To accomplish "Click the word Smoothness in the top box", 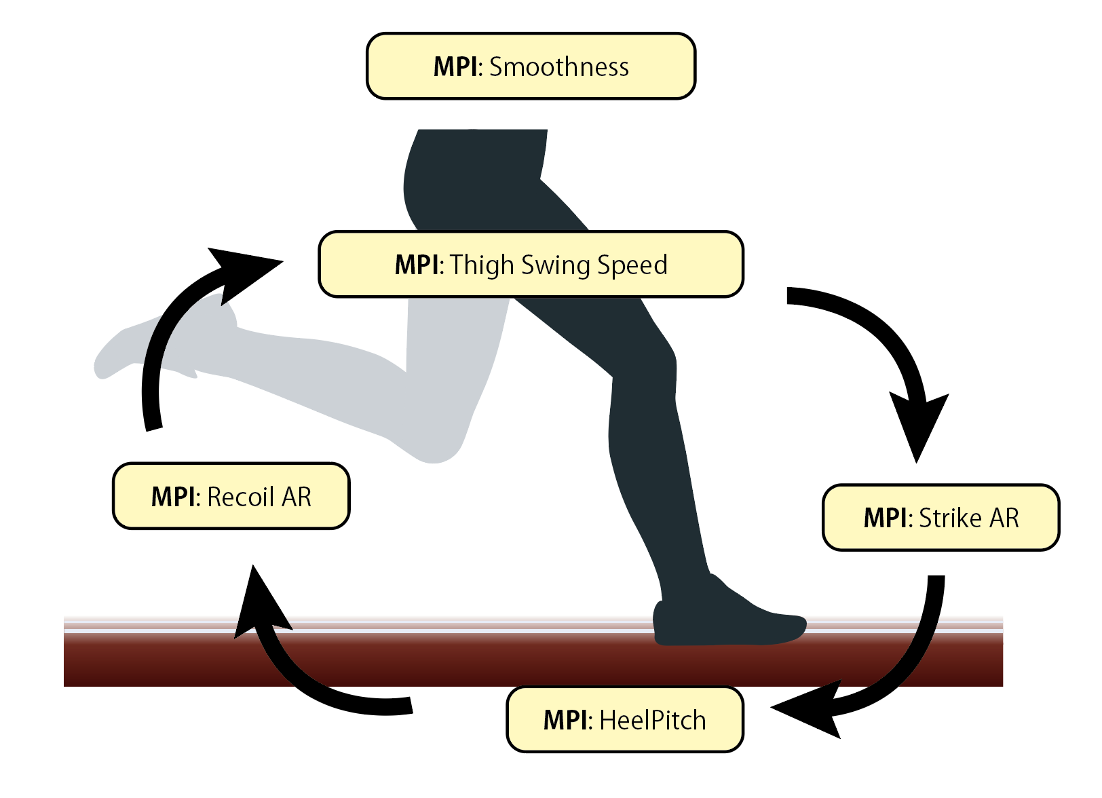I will pyautogui.click(x=558, y=67).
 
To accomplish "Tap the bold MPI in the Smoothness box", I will pyautogui.click(x=457, y=67).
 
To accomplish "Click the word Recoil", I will pyautogui.click(x=241, y=497).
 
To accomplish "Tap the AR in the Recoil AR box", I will pyautogui.click(x=297, y=497).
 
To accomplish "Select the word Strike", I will pyautogui.click(x=950, y=518).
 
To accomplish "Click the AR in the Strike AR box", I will pyautogui.click(x=1004, y=518).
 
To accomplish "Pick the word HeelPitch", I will pyautogui.click(x=653, y=720).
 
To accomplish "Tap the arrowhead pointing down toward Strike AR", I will pyautogui.click(x=918, y=424).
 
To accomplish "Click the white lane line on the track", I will pyautogui.click(x=475, y=630).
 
